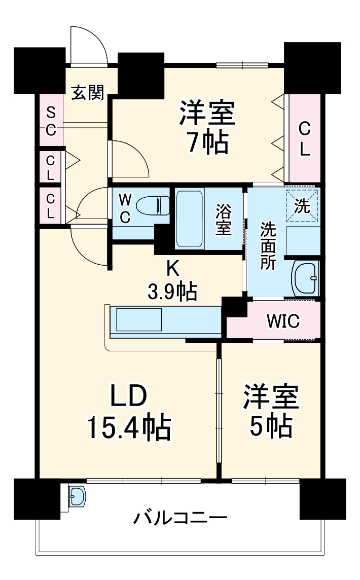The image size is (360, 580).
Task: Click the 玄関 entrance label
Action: click(x=87, y=93)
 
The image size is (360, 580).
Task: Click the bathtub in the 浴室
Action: click(x=189, y=218)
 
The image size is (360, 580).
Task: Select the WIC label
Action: click(x=283, y=320)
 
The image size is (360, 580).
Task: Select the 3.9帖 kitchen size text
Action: click(x=172, y=291)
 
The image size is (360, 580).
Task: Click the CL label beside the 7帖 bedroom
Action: click(x=304, y=139)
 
